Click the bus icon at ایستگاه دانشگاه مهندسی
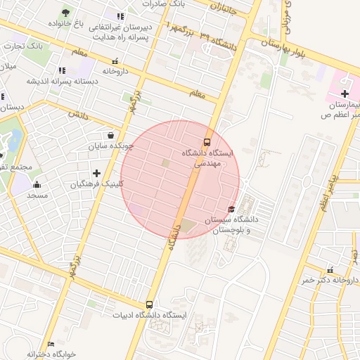point(207,140)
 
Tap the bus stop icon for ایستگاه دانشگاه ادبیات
point(149,304)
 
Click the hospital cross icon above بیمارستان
point(344,94)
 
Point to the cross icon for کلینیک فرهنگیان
point(96,173)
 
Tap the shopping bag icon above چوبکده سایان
point(110,135)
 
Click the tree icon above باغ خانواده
point(66,13)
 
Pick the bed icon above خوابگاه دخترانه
point(50,344)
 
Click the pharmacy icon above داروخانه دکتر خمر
point(330,269)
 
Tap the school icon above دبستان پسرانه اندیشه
point(62,70)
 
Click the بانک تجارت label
point(23,46)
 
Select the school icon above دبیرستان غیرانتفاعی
point(120,16)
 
